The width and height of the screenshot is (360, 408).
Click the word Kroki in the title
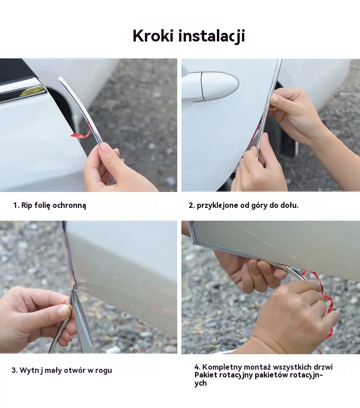(x=153, y=36)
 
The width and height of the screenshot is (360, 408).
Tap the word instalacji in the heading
(x=211, y=36)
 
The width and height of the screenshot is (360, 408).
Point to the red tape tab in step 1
(x=81, y=134)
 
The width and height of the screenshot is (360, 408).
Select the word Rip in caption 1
(x=26, y=205)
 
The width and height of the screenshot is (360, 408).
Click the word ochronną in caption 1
(x=69, y=205)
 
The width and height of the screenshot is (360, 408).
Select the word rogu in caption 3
(x=103, y=371)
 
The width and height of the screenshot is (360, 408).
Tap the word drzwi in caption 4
(x=324, y=367)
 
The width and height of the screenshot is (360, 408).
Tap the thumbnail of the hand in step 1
(x=106, y=148)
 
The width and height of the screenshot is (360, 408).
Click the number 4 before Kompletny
(x=197, y=367)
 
